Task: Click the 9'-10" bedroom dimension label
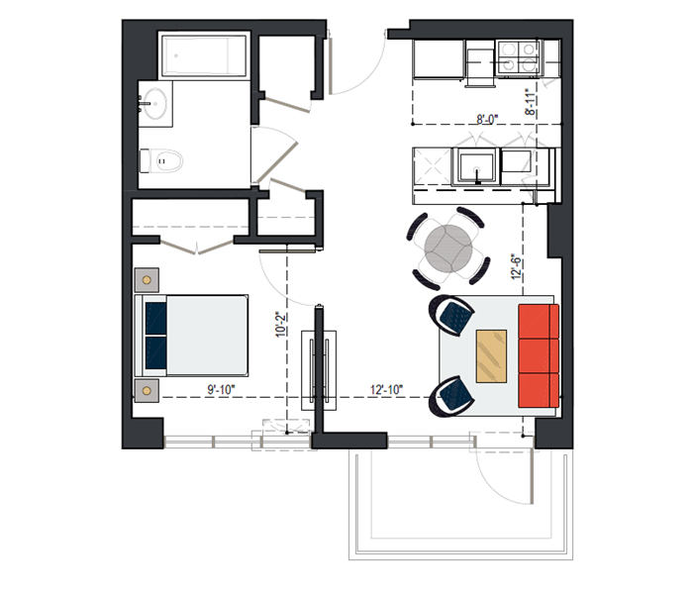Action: (x=222, y=390)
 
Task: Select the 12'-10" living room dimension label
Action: (x=387, y=390)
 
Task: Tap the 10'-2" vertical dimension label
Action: (x=281, y=325)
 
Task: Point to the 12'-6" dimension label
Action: (x=517, y=266)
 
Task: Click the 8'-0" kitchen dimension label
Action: (x=487, y=119)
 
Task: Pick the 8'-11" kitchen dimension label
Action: (x=531, y=103)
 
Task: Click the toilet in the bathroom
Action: (x=161, y=161)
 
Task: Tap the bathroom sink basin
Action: (x=155, y=104)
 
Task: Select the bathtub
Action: (x=204, y=55)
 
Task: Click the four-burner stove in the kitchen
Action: (x=518, y=57)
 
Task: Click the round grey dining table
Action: (x=448, y=248)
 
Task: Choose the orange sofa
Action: (x=539, y=355)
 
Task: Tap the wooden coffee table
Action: (x=491, y=355)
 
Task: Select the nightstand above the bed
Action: (x=147, y=280)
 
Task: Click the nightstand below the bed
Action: (x=147, y=391)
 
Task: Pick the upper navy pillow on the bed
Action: (x=156, y=318)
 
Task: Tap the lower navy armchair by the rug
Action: (x=450, y=396)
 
